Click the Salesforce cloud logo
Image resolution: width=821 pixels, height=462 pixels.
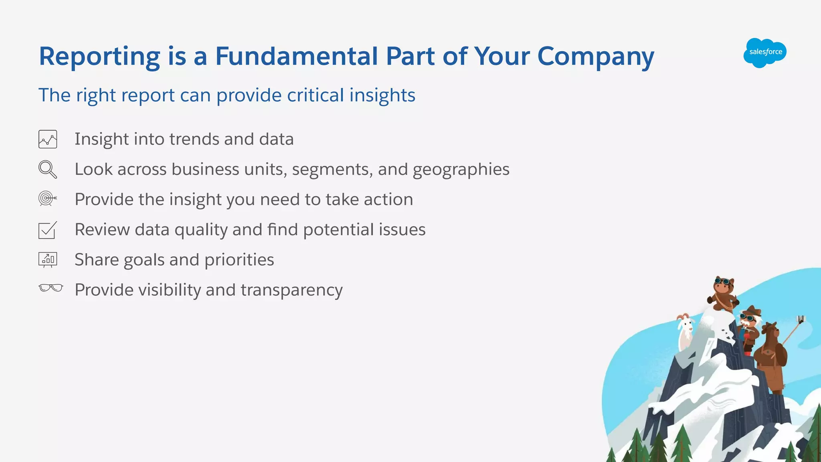click(765, 52)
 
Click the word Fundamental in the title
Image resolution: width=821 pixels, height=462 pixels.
click(297, 56)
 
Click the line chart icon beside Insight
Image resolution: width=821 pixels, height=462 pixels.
click(48, 139)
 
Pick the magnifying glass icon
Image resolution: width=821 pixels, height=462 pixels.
click(48, 169)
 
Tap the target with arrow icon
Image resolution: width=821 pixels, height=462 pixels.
click(47, 198)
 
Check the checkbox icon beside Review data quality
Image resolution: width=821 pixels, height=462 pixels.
click(47, 230)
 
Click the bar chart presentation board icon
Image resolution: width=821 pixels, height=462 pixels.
click(48, 260)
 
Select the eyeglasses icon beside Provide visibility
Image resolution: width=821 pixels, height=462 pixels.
click(51, 288)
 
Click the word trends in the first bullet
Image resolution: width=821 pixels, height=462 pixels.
click(194, 139)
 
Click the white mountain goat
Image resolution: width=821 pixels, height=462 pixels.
click(685, 331)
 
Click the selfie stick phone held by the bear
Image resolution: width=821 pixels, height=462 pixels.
click(801, 319)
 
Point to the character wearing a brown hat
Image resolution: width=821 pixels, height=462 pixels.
click(749, 325)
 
